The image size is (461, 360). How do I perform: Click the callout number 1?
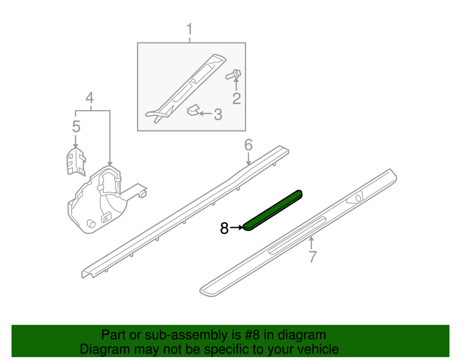(x=190, y=29)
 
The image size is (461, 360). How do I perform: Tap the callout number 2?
(x=236, y=99)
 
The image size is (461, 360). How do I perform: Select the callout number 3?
(x=218, y=114)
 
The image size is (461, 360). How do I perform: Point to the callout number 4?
(x=90, y=98)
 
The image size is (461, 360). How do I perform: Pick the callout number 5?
(x=76, y=126)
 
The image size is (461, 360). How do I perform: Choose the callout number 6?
(x=248, y=145)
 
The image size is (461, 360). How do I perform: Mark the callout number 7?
(x=313, y=256)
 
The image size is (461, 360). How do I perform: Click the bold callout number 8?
(x=224, y=228)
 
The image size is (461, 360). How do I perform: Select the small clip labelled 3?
(x=193, y=111)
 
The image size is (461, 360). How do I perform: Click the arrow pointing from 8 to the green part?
(x=237, y=227)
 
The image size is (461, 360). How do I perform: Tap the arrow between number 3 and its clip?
(x=206, y=113)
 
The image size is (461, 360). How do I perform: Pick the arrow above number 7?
(x=312, y=243)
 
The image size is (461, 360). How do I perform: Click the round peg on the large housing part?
(x=91, y=223)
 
